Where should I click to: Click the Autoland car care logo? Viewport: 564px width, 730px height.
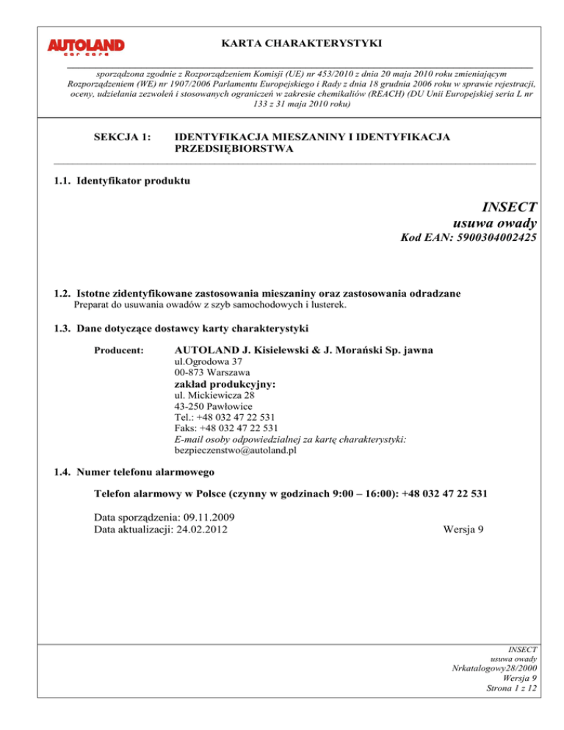point(86,48)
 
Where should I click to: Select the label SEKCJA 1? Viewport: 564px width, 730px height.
point(120,137)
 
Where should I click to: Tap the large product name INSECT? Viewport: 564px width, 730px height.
point(510,207)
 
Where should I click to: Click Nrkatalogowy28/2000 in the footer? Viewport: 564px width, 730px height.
point(491,688)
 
